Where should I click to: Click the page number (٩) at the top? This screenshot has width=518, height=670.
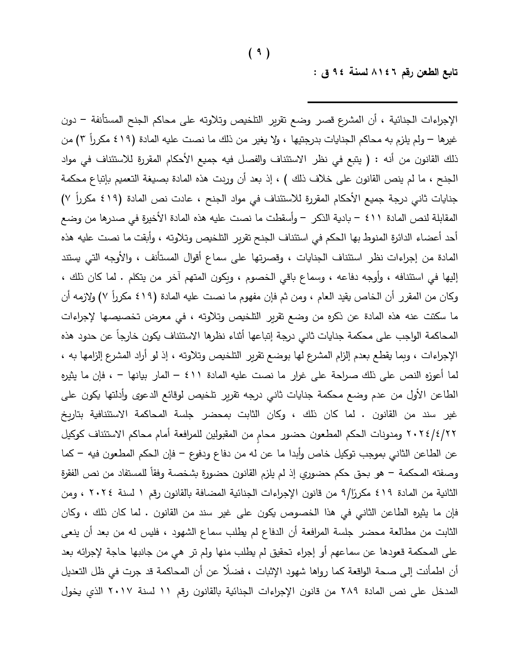tap(259, 53)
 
